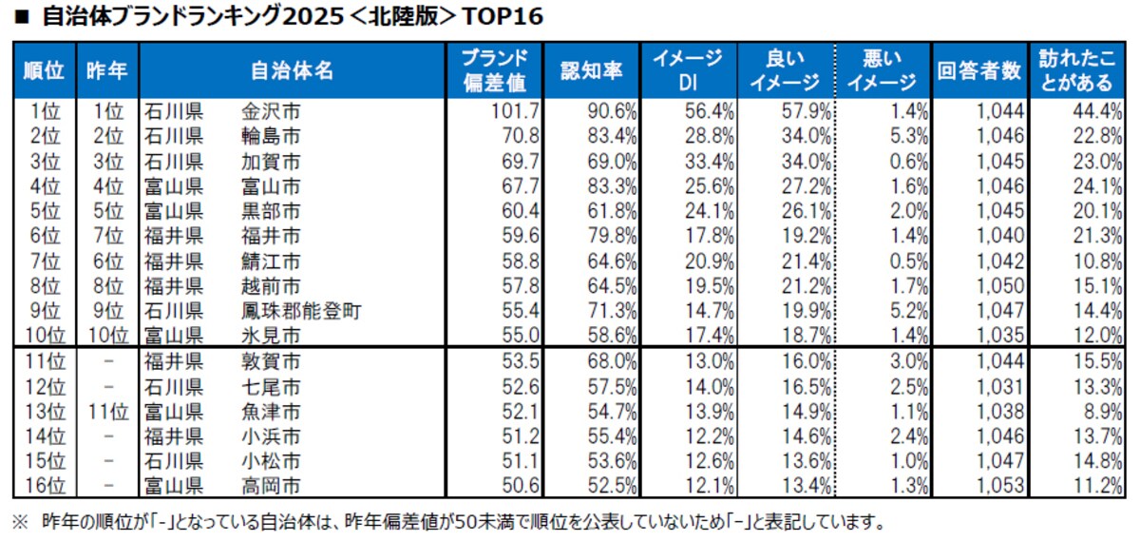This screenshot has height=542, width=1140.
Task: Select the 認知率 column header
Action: (x=591, y=69)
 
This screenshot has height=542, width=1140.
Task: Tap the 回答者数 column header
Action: (x=978, y=69)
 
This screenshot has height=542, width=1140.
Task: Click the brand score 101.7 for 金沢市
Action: (x=518, y=111)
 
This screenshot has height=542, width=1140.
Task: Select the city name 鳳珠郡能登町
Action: (x=302, y=309)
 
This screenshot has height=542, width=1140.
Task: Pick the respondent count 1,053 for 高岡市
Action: (x=1000, y=486)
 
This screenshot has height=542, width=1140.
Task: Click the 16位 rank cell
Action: (x=44, y=486)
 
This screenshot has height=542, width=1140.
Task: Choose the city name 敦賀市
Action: (x=272, y=360)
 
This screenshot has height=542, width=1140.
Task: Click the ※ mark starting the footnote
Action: (x=19, y=522)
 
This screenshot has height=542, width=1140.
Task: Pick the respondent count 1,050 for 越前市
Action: (x=1000, y=284)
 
